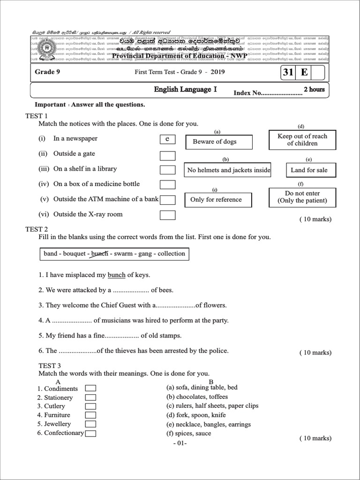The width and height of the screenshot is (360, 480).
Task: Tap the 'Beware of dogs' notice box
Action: click(x=219, y=142)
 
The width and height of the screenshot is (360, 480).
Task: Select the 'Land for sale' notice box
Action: click(x=309, y=170)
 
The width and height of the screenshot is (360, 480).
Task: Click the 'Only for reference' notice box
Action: click(x=218, y=200)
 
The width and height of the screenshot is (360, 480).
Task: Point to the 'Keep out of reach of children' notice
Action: click(x=302, y=140)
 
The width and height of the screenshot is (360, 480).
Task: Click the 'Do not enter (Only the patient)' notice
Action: click(x=302, y=197)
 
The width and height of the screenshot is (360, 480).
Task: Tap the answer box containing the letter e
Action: click(x=167, y=139)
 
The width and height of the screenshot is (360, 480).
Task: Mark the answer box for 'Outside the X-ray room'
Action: click(x=167, y=215)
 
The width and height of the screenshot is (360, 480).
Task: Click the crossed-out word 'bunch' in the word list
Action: click(x=99, y=254)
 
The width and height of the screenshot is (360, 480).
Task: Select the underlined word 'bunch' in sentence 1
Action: click(x=116, y=275)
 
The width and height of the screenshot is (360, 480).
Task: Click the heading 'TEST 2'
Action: click(x=37, y=229)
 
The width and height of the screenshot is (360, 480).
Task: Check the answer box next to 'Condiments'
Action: click(x=90, y=388)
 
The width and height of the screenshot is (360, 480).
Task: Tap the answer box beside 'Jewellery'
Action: click(x=90, y=424)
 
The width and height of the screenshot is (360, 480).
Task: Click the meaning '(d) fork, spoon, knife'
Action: click(x=196, y=415)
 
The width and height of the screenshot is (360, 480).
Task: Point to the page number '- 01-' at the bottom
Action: click(x=180, y=443)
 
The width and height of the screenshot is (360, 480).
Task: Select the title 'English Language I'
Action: click(x=185, y=90)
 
